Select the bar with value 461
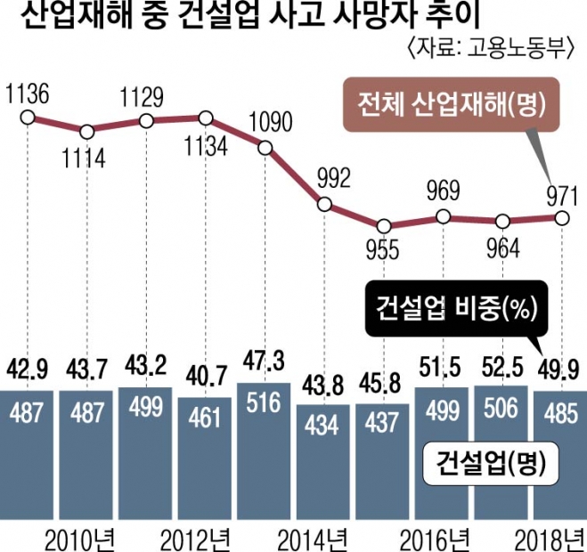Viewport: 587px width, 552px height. (x=206, y=454)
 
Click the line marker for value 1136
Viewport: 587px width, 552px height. (x=28, y=117)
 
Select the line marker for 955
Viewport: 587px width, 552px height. (x=383, y=225)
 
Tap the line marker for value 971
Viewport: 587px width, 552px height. (x=560, y=216)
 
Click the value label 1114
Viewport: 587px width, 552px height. (x=86, y=159)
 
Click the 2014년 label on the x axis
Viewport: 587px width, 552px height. (x=324, y=538)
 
